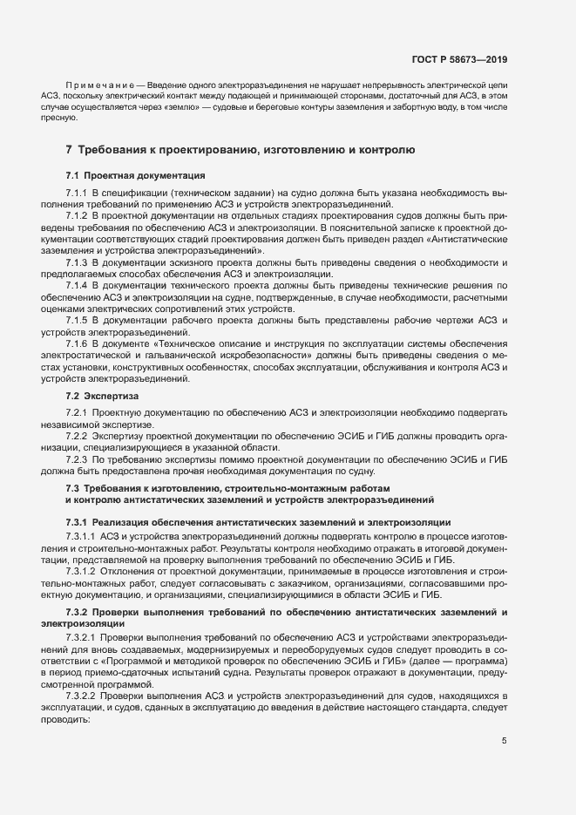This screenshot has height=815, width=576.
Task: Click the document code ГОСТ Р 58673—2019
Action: tap(459, 59)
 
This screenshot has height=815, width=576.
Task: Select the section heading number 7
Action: tap(70, 150)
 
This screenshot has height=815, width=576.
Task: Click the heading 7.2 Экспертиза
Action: tap(105, 396)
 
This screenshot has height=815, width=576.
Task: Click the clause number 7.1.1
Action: tap(78, 192)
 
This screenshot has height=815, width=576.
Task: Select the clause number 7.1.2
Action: tap(78, 214)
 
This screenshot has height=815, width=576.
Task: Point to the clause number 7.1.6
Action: tap(78, 345)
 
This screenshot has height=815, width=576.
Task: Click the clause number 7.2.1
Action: tap(78, 411)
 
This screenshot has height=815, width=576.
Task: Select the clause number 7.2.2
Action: tap(78, 434)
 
